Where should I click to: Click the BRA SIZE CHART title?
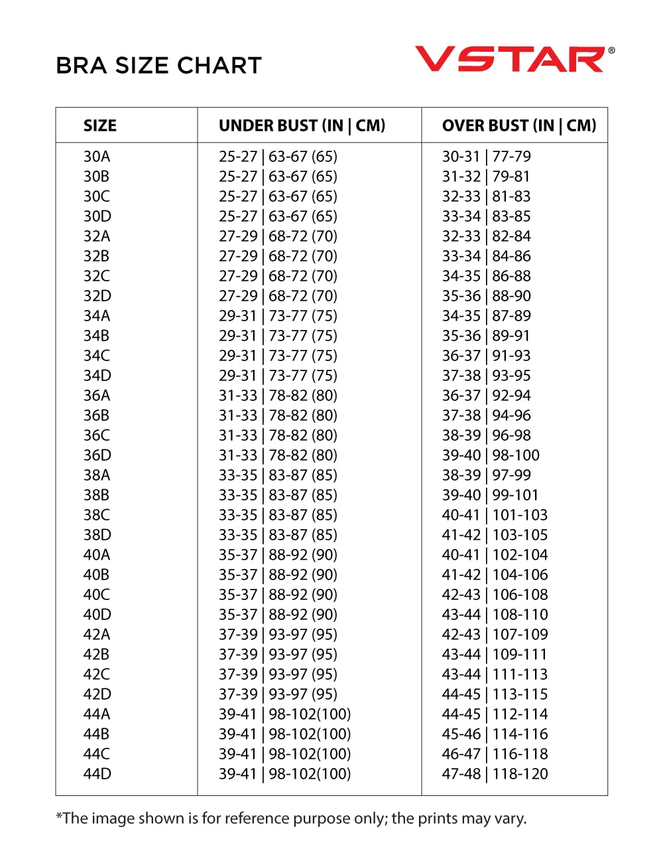[159, 66]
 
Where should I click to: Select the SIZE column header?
[100, 125]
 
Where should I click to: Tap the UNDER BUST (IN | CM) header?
[302, 125]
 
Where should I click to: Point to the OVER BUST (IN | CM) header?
[519, 125]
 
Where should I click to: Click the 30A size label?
[97, 157]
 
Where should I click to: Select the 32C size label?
[97, 276]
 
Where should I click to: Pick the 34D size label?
[97, 376]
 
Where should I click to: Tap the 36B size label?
[97, 416]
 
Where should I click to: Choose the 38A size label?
[97, 475]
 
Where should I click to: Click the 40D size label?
[97, 615]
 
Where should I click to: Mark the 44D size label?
[97, 774]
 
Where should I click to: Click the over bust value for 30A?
[487, 157]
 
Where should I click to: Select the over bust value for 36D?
[491, 455]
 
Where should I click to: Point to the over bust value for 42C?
[495, 674]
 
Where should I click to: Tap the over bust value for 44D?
[495, 774]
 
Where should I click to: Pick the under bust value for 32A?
[278, 236]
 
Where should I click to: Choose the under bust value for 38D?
[278, 535]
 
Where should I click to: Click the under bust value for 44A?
[284, 714]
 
